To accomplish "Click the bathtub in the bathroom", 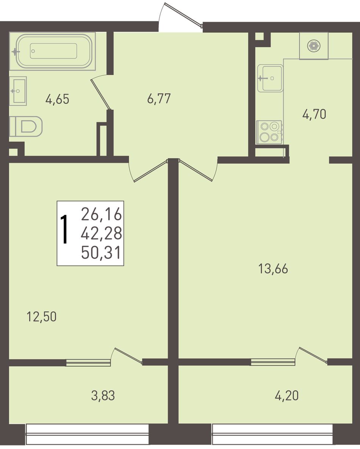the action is tap(52, 51).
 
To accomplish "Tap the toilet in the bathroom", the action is tap(26, 126).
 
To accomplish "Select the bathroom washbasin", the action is tap(18, 91).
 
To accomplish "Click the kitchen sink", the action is tap(270, 78).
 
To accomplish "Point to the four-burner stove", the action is tap(270, 132).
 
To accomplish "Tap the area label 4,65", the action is tap(57, 99).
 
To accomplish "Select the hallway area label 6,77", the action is tap(159, 99).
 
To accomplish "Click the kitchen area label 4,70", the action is tap(314, 114).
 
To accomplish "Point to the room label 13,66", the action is tap(273, 269).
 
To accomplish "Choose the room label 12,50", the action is tap(41, 317).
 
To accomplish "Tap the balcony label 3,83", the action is tap(103, 396).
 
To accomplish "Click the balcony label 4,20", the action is tap(287, 396).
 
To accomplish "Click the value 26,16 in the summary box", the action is tap(102, 214).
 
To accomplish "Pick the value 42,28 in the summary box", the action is tap(102, 233).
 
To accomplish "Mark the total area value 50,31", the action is tap(101, 253).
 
